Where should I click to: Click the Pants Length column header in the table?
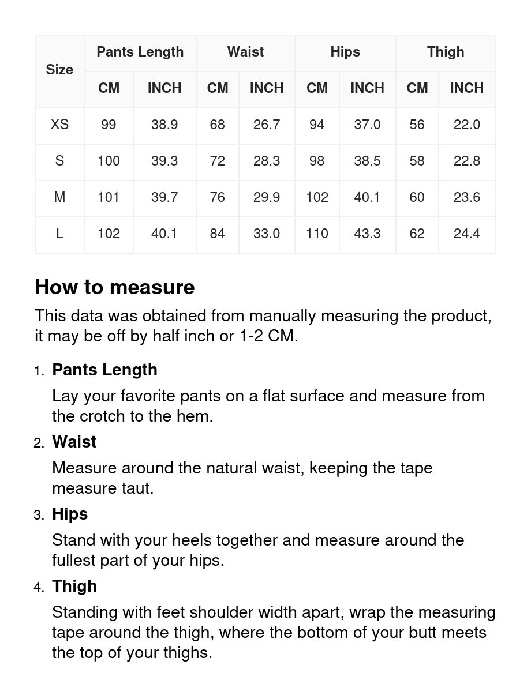pos(140,52)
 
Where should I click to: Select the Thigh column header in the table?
pos(446,52)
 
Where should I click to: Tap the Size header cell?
pos(59,70)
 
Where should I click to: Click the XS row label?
pos(59,125)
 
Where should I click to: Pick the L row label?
pos(59,234)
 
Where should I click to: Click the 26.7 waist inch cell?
pos(267,125)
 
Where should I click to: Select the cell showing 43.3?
pos(367,234)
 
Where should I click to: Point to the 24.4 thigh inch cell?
pos(467,234)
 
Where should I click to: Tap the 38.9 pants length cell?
pos(164,125)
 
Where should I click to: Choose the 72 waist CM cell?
pos(218,161)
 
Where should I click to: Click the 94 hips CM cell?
pos(317,125)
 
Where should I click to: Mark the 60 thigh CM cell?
pos(417,197)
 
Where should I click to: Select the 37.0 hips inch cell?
pos(367,125)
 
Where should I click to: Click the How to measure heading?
pos(115,287)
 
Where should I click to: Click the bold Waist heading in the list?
pos(74,442)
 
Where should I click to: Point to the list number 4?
pos(39,587)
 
